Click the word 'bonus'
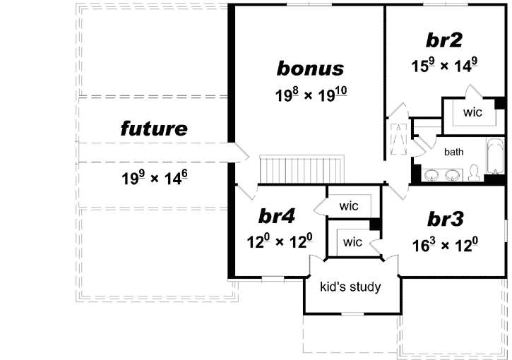(x=310, y=68)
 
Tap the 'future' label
(x=154, y=128)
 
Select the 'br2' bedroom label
(x=445, y=40)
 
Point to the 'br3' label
(x=445, y=220)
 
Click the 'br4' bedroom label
(x=277, y=216)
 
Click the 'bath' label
(x=453, y=151)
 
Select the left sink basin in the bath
(x=432, y=173)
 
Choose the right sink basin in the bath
(x=452, y=173)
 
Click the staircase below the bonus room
(x=301, y=169)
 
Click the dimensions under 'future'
(x=154, y=176)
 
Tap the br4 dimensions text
(x=277, y=242)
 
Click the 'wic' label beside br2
(x=472, y=112)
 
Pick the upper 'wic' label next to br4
(x=349, y=206)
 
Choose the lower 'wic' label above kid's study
(x=352, y=242)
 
